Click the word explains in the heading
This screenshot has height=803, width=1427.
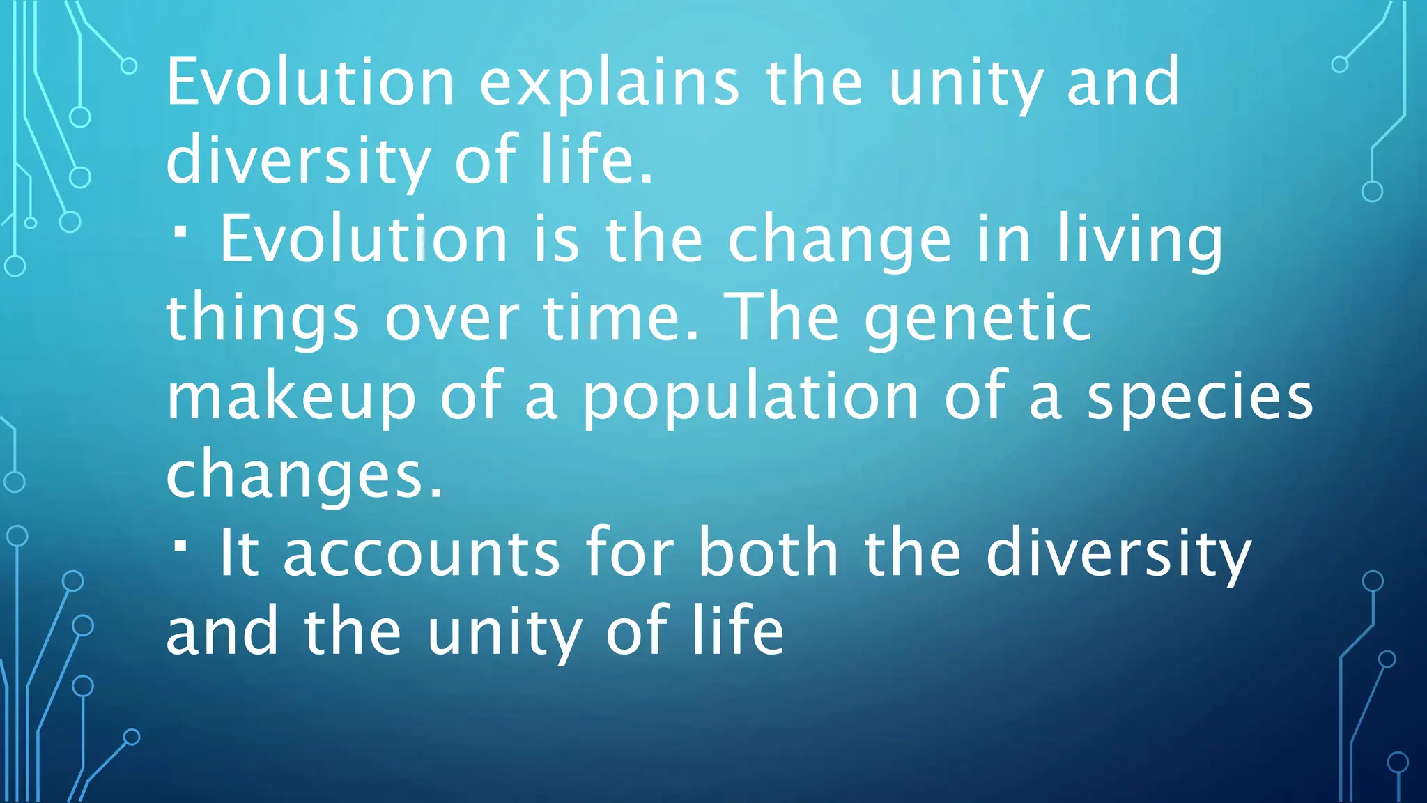coord(610,84)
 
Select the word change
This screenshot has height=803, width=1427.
coord(840,240)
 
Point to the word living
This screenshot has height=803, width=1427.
coord(1140,240)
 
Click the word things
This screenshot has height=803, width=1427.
coord(263,319)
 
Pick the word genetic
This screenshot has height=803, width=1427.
coord(978,319)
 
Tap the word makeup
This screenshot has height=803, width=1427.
coord(291,397)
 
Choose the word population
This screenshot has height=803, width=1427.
coord(750,397)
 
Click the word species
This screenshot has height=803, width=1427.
coord(1200,397)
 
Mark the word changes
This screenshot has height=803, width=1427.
coord(304,476)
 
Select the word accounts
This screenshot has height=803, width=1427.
coord(422,554)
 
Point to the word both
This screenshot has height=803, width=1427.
coord(769,554)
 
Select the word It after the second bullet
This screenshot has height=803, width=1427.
coord(239,554)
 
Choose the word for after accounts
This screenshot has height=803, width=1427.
coord(629,554)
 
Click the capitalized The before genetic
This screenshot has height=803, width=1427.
coord(781,319)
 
